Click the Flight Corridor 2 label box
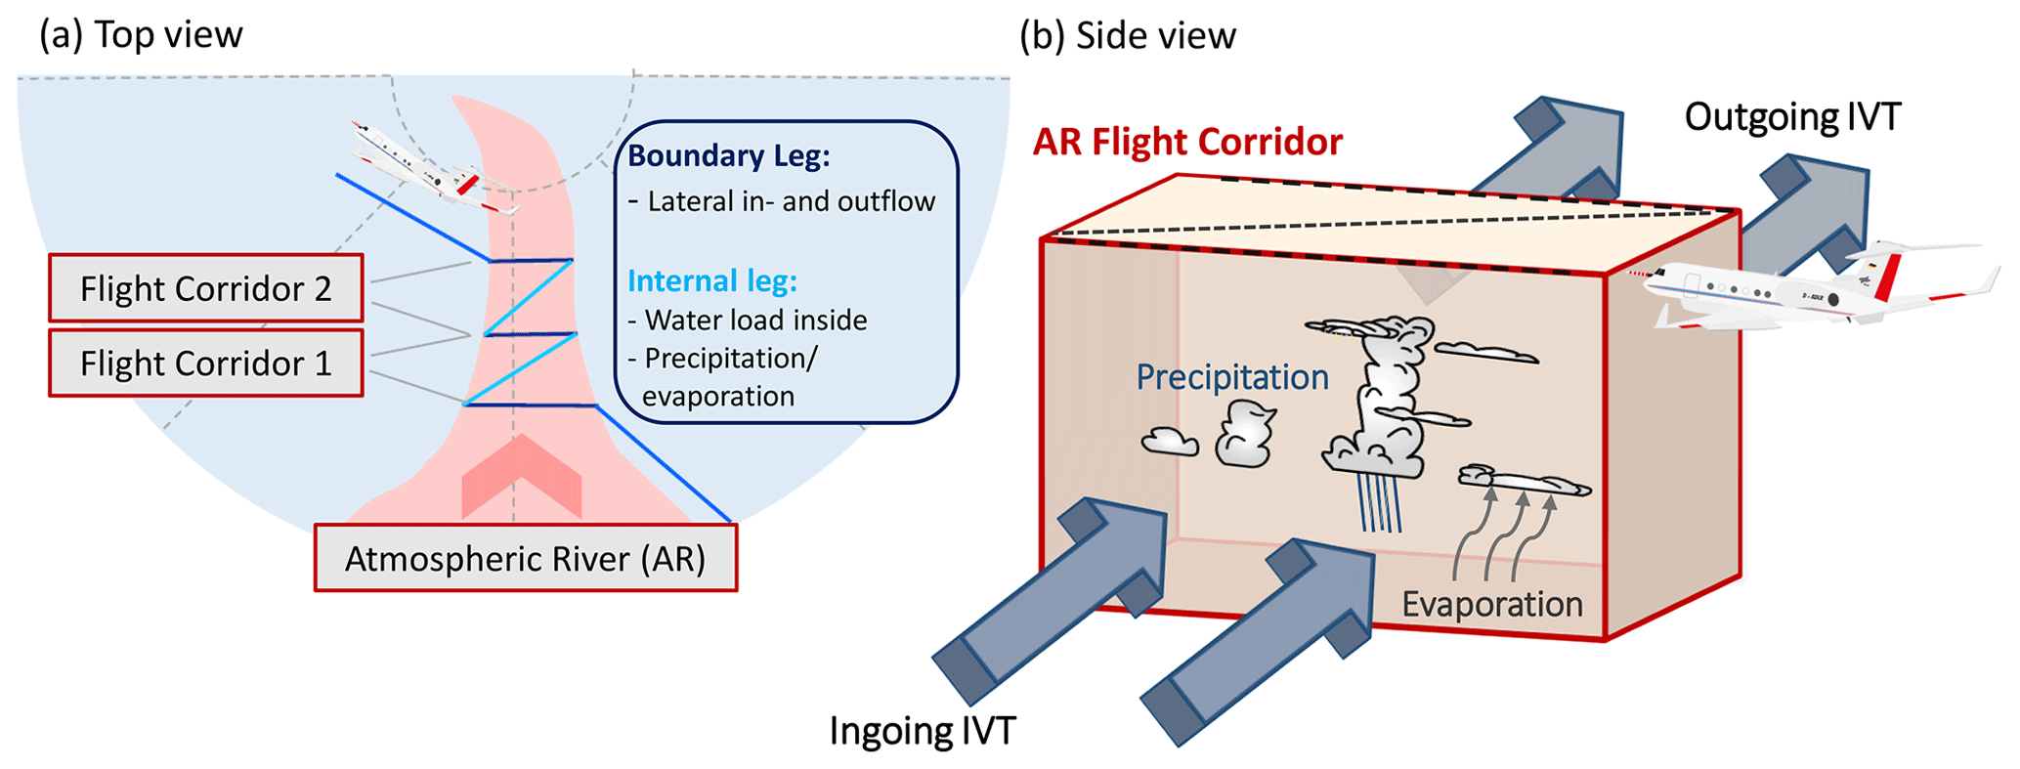pos(206,288)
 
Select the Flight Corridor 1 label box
pos(206,363)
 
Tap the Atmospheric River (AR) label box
pos(526,558)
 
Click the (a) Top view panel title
pos(141,35)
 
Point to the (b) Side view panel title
pos(1128,36)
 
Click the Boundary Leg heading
pos(729,156)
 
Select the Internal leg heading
pos(712,281)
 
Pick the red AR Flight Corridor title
pos(1187,143)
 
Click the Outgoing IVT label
pos(1792,117)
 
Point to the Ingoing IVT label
pos(923,731)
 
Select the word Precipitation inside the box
pos(1231,377)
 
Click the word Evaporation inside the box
pos(1492,605)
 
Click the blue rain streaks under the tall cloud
pos(1380,503)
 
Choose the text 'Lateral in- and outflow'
pos(791,202)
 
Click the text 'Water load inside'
pos(755,320)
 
